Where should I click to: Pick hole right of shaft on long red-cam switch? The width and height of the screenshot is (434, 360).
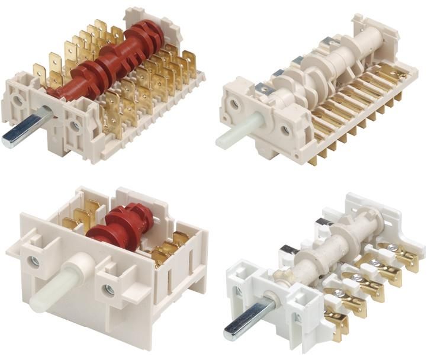click(x=75, y=126)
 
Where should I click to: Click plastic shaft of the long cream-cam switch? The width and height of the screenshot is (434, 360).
click(x=233, y=134)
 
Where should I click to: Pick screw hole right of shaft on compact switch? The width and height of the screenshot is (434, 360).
click(x=108, y=291)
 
